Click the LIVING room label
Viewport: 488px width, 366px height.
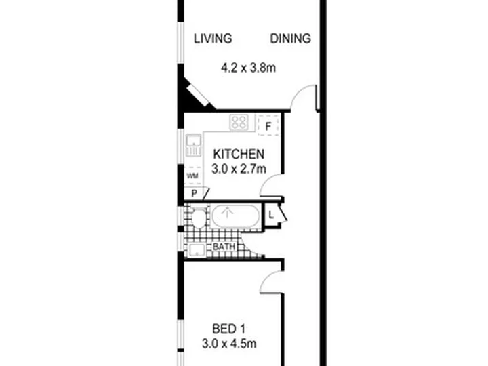coord(213,39)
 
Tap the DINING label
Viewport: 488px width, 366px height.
coord(290,39)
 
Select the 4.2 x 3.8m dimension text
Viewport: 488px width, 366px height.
coord(248,68)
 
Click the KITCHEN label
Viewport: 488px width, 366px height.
coord(239,155)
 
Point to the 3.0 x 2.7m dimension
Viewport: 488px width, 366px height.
coord(239,169)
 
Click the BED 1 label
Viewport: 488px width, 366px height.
coord(228,329)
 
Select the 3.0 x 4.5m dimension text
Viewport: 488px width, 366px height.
coord(229,344)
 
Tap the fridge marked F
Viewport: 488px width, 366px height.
coord(268,125)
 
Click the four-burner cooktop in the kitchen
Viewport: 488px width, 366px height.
coord(239,122)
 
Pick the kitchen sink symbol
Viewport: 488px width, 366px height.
coord(194,145)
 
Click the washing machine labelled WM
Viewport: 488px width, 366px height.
coord(192,176)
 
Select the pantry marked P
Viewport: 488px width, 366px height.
coord(195,193)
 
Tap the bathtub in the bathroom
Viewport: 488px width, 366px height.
coord(235,216)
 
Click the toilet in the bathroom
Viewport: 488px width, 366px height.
coord(197,218)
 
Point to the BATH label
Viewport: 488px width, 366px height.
coord(224,247)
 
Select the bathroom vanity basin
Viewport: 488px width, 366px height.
coord(197,250)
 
